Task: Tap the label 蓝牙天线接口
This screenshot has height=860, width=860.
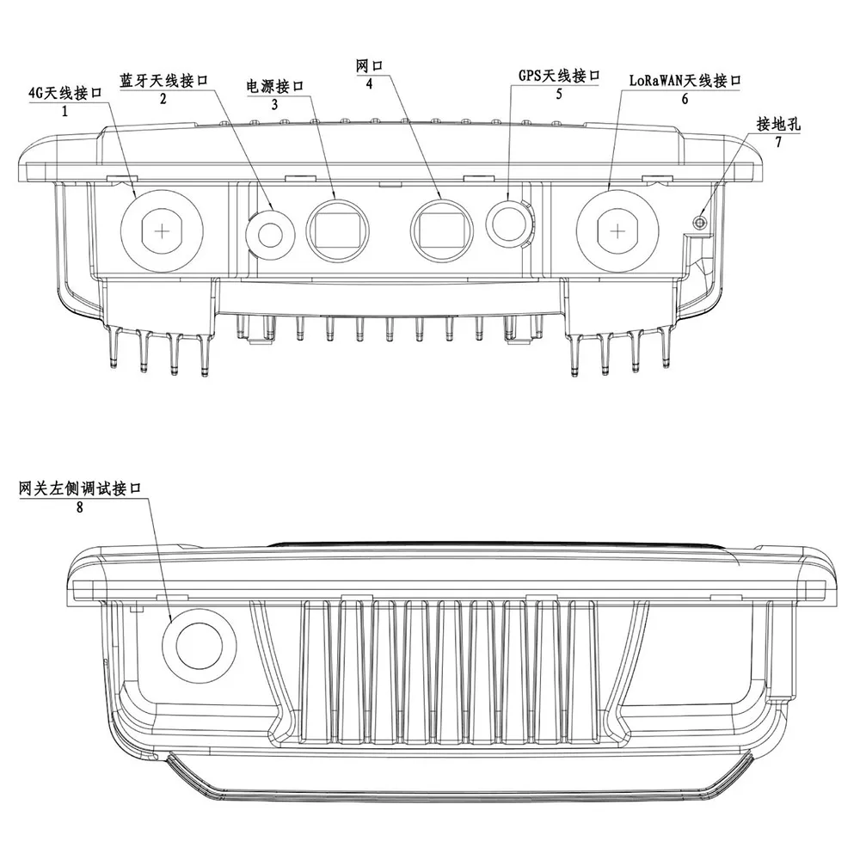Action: coord(163,82)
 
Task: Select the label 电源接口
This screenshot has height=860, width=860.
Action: coord(275,87)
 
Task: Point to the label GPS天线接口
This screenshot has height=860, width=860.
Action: coord(558,77)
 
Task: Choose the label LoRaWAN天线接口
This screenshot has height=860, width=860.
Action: coord(684,82)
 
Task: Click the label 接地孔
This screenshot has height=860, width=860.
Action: coord(778,124)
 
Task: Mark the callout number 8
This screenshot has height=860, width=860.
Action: coord(79,507)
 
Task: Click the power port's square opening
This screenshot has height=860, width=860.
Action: coord(338,229)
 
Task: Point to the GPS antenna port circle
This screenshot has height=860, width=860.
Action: coord(508,221)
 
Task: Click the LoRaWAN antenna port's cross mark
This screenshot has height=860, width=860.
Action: coord(617,229)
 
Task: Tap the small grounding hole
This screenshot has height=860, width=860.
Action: coord(701,222)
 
